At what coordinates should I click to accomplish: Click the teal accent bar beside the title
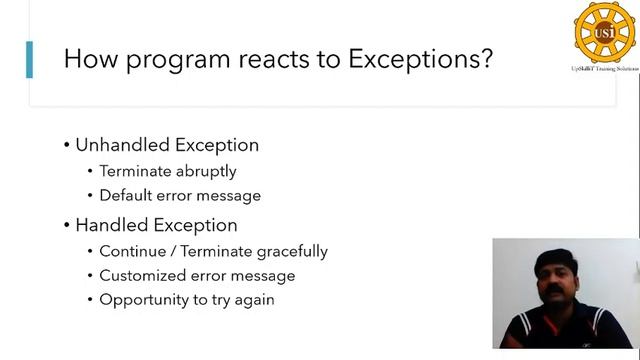point(29,59)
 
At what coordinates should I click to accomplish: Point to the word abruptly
point(205,171)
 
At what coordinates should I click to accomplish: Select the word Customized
point(141,276)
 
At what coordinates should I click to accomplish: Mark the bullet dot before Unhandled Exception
point(66,145)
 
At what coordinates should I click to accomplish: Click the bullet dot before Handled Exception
point(66,225)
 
